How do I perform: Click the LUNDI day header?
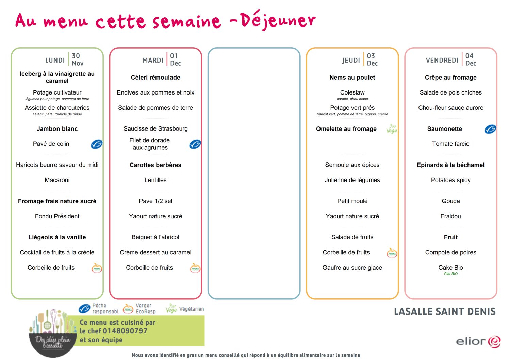coord(55,60)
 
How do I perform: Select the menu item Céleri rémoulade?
coord(155,78)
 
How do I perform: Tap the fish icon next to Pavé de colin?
coord(97,144)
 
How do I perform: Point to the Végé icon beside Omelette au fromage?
coord(392,129)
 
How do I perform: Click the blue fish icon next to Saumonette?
coord(490,129)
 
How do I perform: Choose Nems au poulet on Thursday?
coord(352,78)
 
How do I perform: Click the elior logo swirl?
coord(494,342)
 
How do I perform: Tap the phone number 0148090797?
coord(125,331)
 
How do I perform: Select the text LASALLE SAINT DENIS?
coord(445,312)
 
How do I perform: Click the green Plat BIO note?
coord(451,274)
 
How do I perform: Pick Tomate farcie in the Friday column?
coord(450,144)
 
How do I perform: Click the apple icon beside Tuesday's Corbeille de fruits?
coord(195,268)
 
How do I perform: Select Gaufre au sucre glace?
coord(352,268)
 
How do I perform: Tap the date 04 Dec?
coord(471,59)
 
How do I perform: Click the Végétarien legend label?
coord(191,309)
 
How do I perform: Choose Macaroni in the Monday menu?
coord(57,180)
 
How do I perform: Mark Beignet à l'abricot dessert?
coord(155,237)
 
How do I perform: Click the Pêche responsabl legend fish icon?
coord(84,309)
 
